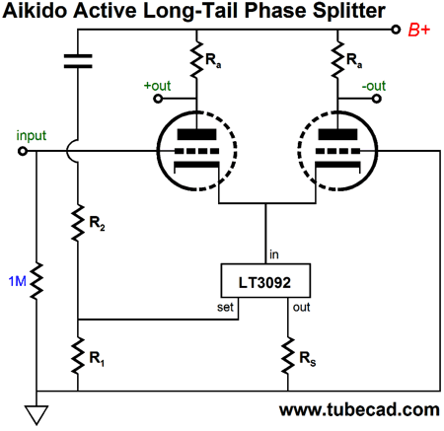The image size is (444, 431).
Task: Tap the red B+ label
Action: pyautogui.click(x=419, y=31)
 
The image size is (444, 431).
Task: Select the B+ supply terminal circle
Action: pyautogui.click(x=396, y=30)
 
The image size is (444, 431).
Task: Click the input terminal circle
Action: pyautogui.click(x=23, y=151)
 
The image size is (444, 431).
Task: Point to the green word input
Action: pyautogui.click(x=32, y=135)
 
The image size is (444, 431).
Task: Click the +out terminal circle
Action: pyautogui.click(x=158, y=99)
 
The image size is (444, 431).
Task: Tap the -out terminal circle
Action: pyautogui.click(x=377, y=99)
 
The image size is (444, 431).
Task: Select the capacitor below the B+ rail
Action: pyautogui.click(x=78, y=61)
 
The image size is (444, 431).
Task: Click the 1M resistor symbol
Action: pyautogui.click(x=37, y=281)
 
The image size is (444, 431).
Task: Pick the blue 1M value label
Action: pyautogui.click(x=17, y=281)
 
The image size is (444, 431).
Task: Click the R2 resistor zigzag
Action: pyautogui.click(x=78, y=223)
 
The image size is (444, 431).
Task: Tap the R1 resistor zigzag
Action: pyautogui.click(x=78, y=355)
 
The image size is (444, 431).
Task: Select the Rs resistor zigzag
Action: pyautogui.click(x=288, y=355)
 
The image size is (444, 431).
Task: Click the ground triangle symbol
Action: pyautogui.click(x=37, y=414)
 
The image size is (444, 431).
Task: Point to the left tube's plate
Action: pyautogui.click(x=196, y=134)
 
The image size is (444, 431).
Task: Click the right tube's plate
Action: pyautogui.click(x=337, y=134)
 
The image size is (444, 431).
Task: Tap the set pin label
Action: pyautogui.click(x=225, y=307)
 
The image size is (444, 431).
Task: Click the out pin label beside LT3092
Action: pyautogui.click(x=301, y=307)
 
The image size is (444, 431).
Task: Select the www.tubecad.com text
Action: pyautogui.click(x=359, y=410)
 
